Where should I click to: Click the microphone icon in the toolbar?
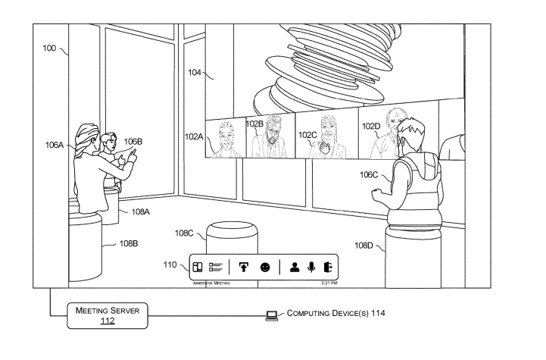(309, 267)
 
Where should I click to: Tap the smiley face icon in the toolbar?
(265, 267)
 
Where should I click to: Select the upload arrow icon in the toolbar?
(244, 267)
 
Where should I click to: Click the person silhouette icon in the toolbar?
(292, 267)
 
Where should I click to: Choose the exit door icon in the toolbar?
(326, 267)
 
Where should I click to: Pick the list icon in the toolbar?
(215, 267)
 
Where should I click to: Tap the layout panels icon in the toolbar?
(196, 267)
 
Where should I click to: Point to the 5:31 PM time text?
(329, 283)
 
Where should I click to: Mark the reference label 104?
(195, 73)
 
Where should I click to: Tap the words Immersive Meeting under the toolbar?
(211, 283)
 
